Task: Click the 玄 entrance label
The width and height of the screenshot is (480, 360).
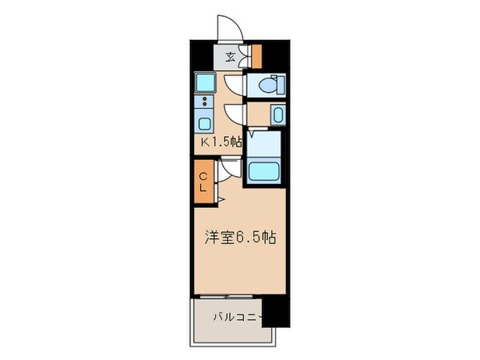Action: point(230,56)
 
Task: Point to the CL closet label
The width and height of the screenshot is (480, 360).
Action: point(203,182)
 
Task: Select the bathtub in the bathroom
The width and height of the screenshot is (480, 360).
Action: point(264,171)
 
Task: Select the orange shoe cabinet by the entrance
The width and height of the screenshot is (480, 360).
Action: point(256,55)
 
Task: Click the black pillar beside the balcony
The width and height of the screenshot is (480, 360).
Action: point(276,310)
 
